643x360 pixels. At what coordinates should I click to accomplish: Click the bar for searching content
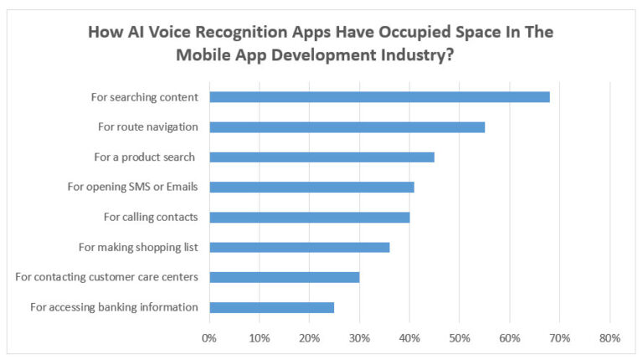click(379, 96)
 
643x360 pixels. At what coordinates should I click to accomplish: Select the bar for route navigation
click(347, 126)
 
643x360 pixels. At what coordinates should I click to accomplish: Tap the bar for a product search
click(321, 157)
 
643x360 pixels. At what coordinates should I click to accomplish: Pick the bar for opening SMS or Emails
click(311, 187)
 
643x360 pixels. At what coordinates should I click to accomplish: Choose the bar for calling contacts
click(309, 217)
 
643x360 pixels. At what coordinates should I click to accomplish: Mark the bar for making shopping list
click(299, 247)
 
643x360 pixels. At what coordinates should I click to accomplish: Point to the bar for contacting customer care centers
click(284, 277)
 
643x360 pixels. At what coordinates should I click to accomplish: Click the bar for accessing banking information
click(271, 307)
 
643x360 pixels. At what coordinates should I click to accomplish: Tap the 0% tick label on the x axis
click(209, 338)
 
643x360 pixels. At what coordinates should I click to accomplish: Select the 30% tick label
click(359, 338)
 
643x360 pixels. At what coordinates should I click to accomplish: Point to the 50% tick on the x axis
click(460, 338)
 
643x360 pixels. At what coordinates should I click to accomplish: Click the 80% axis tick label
click(610, 338)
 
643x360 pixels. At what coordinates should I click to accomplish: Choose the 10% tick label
click(260, 338)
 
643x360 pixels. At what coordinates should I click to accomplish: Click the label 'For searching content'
click(144, 97)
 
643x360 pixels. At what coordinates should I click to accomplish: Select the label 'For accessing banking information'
click(114, 307)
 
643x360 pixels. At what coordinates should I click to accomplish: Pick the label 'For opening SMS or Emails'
click(132, 187)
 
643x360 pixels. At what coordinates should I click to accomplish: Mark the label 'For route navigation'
click(147, 126)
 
